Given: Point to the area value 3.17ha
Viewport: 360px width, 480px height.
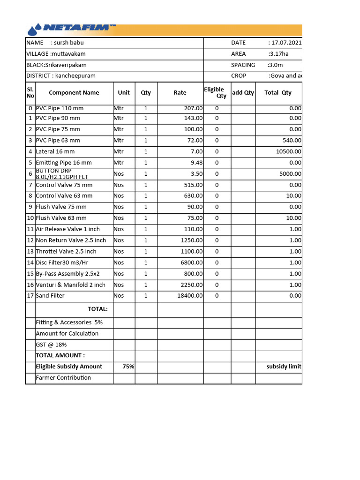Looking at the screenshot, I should click(x=278, y=54).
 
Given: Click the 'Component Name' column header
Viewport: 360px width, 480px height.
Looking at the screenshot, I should click(x=74, y=93).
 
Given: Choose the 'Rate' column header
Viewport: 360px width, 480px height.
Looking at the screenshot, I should click(x=180, y=93).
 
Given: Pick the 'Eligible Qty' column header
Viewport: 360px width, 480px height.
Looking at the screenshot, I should click(x=215, y=92).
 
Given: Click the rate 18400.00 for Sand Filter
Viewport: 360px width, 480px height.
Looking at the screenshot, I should click(x=189, y=296).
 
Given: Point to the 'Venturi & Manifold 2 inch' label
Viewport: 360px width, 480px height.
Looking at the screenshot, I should click(x=71, y=285).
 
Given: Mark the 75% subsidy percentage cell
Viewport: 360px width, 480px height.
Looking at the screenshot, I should click(x=128, y=367).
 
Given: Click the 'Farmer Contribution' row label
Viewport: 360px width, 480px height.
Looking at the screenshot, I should click(x=63, y=378).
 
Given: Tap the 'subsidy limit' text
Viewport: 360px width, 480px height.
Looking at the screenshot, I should click(x=284, y=367).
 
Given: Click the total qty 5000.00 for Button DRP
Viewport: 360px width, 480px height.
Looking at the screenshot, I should click(x=291, y=174).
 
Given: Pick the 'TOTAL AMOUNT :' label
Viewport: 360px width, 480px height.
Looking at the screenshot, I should click(x=60, y=355).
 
